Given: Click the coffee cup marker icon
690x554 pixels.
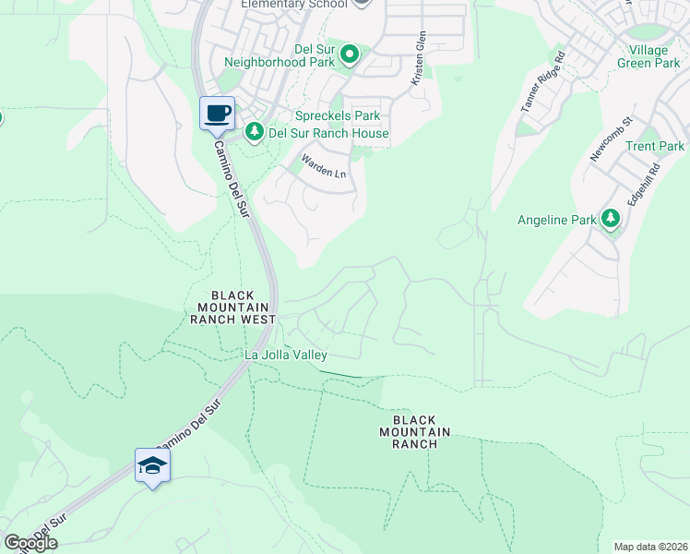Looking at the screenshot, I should [217, 114].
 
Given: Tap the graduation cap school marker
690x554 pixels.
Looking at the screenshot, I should [152, 465].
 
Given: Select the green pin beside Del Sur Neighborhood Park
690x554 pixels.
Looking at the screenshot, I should [350, 56].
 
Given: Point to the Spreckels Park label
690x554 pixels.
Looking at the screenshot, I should [337, 116].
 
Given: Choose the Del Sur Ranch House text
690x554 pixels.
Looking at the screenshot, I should [327, 133].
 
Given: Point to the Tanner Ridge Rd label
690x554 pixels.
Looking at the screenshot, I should [542, 89].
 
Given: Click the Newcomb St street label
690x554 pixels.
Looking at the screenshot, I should [611, 139].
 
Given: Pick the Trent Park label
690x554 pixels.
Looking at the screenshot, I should [655, 146].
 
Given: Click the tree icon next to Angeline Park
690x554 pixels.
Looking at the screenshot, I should [610, 219].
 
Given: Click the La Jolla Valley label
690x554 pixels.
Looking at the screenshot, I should [285, 355].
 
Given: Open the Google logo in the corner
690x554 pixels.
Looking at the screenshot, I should [30, 543].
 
